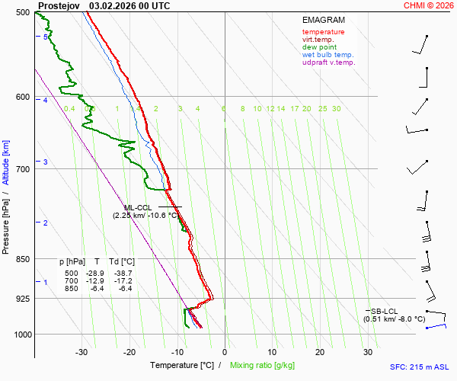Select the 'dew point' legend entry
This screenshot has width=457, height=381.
(x=319, y=47)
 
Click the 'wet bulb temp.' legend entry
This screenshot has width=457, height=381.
(x=328, y=55)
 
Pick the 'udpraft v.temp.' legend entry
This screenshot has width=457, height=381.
(x=328, y=62)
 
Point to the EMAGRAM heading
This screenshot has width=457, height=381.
(x=323, y=19)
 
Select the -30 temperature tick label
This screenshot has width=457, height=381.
(x=81, y=352)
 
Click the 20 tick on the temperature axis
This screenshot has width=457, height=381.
(x=320, y=352)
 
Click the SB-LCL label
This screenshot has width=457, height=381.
(x=385, y=311)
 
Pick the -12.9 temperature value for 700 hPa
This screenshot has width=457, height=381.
(x=96, y=281)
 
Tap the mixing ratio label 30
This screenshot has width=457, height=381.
(x=336, y=109)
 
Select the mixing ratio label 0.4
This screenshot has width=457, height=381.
(x=69, y=109)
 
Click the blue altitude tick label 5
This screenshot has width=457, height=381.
(x=46, y=37)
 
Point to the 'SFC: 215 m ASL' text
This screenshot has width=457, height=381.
(x=420, y=367)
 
